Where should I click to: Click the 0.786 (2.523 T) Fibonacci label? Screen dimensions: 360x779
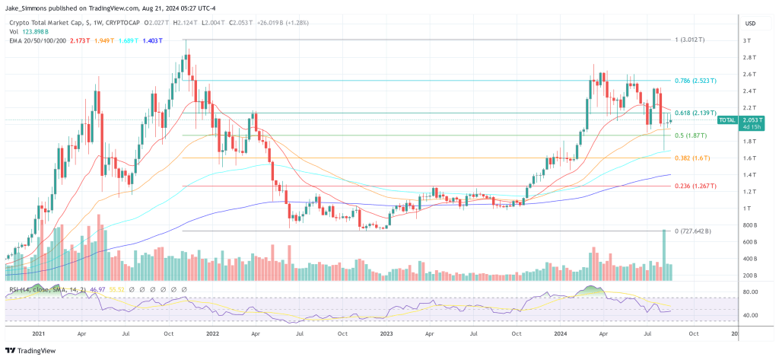(695, 80)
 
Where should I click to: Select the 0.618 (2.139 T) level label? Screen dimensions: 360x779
(695, 113)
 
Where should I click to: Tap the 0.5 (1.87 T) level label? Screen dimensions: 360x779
(690, 135)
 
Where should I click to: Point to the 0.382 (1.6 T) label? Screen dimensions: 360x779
(692, 158)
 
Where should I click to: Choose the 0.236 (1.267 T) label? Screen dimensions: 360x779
(695, 186)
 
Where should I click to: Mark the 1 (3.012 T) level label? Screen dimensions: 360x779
(690, 39)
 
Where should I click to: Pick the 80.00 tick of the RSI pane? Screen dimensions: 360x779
(749, 292)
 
